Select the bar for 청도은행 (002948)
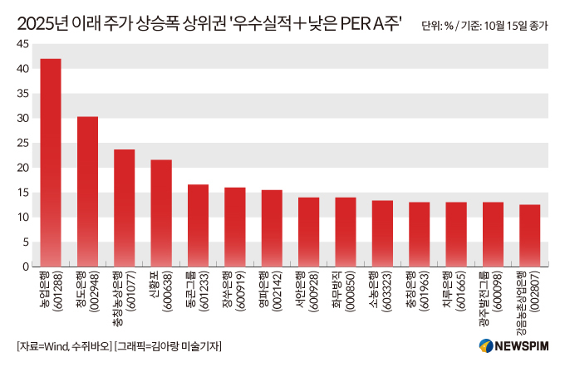[x=87, y=192]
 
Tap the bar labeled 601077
[x=125, y=208]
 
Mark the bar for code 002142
[x=272, y=228]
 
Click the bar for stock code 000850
[x=345, y=232]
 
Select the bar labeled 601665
[x=455, y=234]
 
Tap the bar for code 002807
[x=529, y=236]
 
